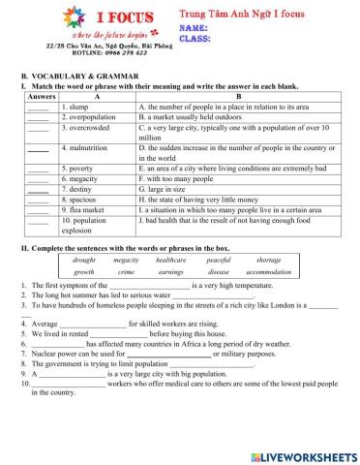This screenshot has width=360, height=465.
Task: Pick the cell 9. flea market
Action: click(x=85, y=207)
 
